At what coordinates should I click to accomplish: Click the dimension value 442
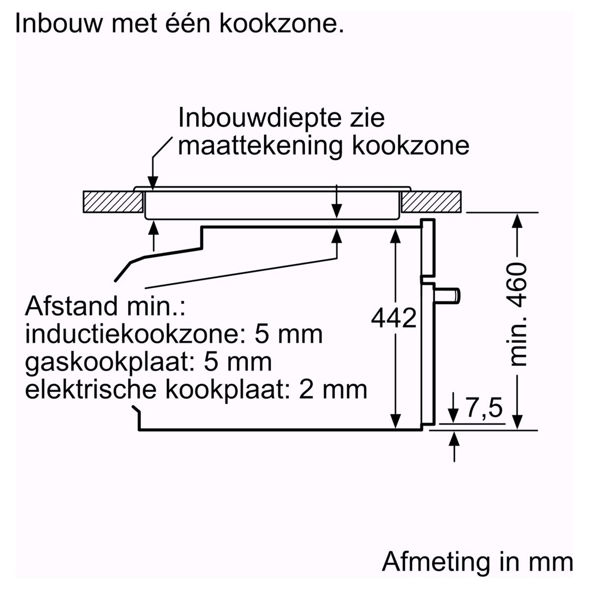(x=394, y=318)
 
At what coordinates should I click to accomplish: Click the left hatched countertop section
(x=113, y=201)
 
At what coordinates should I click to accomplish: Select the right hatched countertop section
(x=433, y=201)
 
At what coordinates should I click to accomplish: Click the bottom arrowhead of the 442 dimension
(x=396, y=423)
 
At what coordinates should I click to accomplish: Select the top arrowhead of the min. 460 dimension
(x=518, y=219)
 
